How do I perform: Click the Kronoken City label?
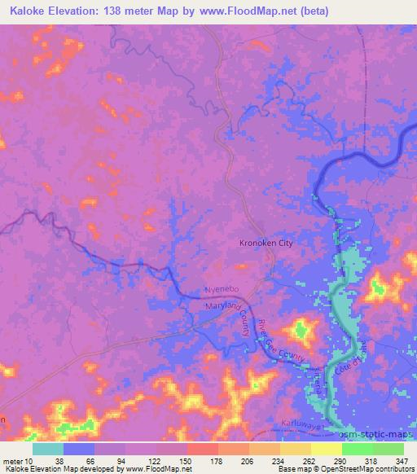pyautogui.click(x=265, y=243)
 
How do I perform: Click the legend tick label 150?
pyautogui.click(x=186, y=459)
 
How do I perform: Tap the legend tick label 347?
pyautogui.click(x=402, y=459)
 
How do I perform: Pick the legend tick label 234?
pyautogui.click(x=279, y=459)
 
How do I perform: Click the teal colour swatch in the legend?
pyautogui.click(x=48, y=449)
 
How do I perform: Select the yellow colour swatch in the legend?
pyautogui.click(x=327, y=449)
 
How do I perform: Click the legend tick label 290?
pyautogui.click(x=340, y=459)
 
